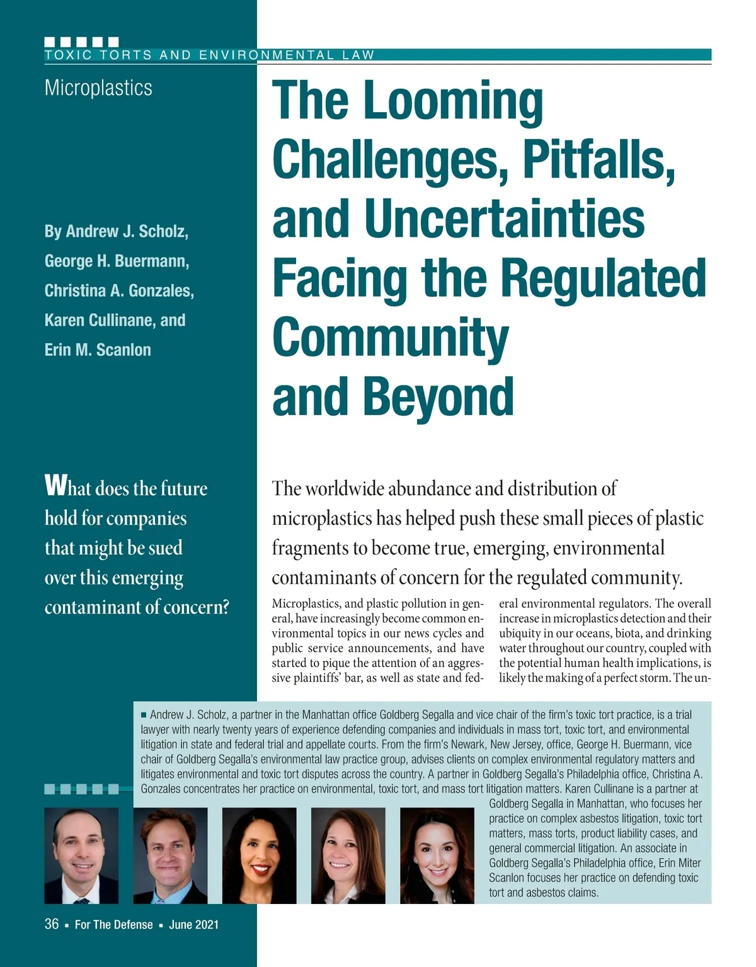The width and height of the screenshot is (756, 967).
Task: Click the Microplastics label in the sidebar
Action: tap(98, 88)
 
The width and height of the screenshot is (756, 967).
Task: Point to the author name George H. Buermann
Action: tap(117, 261)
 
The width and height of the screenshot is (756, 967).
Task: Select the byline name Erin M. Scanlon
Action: tap(98, 350)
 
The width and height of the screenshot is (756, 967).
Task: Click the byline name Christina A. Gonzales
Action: tap(119, 290)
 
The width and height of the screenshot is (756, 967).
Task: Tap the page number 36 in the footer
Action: tap(52, 924)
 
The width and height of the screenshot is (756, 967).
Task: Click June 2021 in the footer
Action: tap(193, 925)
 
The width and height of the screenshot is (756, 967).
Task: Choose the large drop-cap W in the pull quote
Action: tap(55, 486)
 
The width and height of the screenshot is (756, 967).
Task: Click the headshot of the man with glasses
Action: tap(170, 855)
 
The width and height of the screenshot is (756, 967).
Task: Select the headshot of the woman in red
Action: tap(259, 855)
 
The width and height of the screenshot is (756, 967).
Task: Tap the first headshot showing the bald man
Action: tap(81, 855)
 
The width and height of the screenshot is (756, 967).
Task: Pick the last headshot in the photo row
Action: tap(437, 855)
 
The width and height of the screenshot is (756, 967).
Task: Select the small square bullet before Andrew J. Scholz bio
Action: tap(144, 714)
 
